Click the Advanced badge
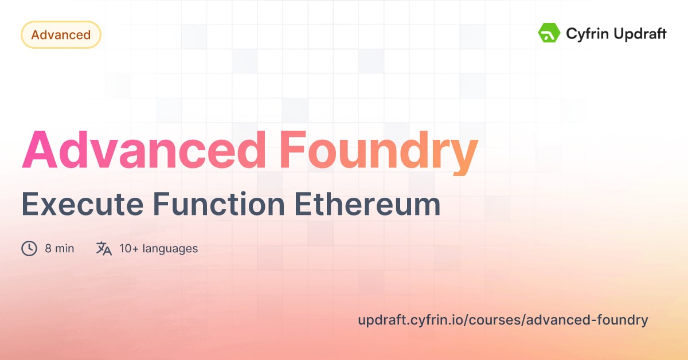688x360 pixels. click(x=61, y=35)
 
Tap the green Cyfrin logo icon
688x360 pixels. click(x=549, y=33)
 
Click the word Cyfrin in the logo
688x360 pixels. click(x=587, y=34)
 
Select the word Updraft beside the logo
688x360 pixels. click(x=639, y=34)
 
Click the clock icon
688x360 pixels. click(x=29, y=249)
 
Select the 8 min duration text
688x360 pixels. click(x=59, y=249)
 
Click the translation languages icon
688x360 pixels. click(x=104, y=249)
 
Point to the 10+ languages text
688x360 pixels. click(x=158, y=249)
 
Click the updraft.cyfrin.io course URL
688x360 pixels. click(x=503, y=320)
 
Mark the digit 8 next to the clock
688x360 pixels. click(x=48, y=249)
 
